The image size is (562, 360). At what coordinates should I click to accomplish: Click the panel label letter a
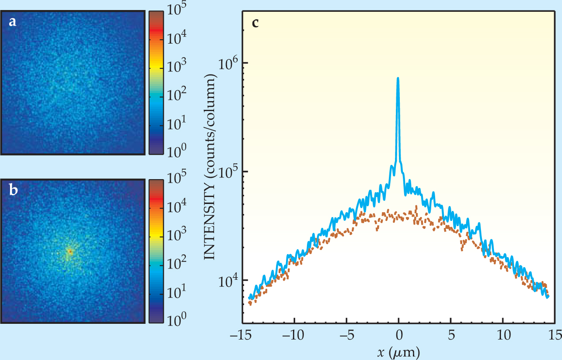[13, 22]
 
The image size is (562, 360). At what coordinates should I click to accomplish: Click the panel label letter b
[14, 191]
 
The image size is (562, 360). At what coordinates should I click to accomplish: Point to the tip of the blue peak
[398, 78]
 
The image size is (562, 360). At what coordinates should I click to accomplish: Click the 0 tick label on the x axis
[399, 336]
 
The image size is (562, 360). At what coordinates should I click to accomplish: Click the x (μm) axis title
[399, 352]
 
